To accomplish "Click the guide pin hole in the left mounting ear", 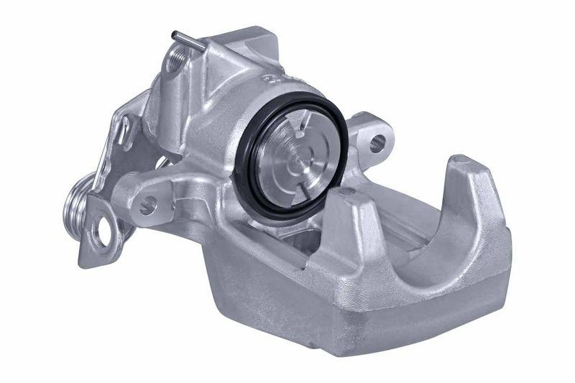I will tap(147, 206).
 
